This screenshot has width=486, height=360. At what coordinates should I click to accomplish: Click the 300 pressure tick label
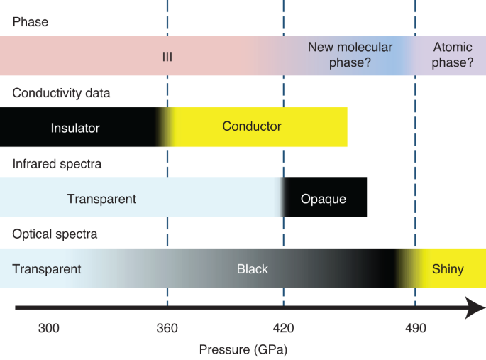[48, 328]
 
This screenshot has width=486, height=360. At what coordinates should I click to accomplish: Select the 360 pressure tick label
[167, 328]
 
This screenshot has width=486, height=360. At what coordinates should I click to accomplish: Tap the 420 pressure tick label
[283, 328]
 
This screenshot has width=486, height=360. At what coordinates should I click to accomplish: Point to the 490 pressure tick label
[415, 328]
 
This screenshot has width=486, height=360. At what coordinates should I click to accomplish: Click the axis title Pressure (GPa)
[243, 349]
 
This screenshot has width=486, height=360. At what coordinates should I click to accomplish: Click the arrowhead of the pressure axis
[475, 308]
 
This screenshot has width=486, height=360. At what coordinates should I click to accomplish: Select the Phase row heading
[31, 22]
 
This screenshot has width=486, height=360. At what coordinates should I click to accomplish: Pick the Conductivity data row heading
[61, 93]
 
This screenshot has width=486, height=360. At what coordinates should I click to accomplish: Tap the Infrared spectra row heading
[57, 164]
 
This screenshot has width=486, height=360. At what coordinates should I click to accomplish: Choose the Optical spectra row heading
[55, 234]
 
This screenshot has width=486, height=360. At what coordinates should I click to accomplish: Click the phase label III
[167, 57]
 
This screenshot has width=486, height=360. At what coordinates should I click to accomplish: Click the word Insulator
[75, 129]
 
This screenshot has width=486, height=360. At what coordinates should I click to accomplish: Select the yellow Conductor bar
[255, 127]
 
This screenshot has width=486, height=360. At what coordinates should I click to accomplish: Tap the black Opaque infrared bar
[324, 199]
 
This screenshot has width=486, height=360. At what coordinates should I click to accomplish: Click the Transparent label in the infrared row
[101, 199]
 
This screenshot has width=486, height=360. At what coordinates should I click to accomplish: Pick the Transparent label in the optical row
[47, 269]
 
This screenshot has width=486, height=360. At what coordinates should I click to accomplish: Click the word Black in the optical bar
[253, 269]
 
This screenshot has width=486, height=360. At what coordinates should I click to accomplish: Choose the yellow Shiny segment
[448, 269]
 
